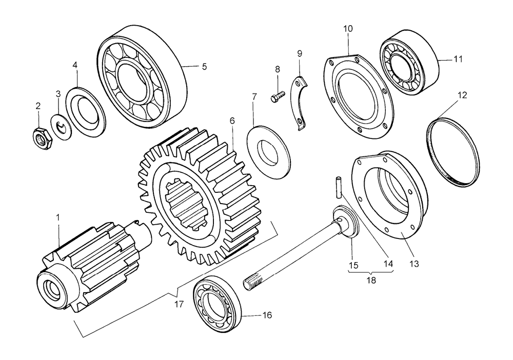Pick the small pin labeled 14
click(x=338, y=185)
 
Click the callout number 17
click(x=178, y=304)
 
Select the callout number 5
click(x=204, y=67)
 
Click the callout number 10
click(x=348, y=29)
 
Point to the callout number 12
click(x=462, y=95)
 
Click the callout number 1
click(x=58, y=218)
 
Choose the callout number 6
click(x=232, y=121)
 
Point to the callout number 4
click(x=75, y=65)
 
